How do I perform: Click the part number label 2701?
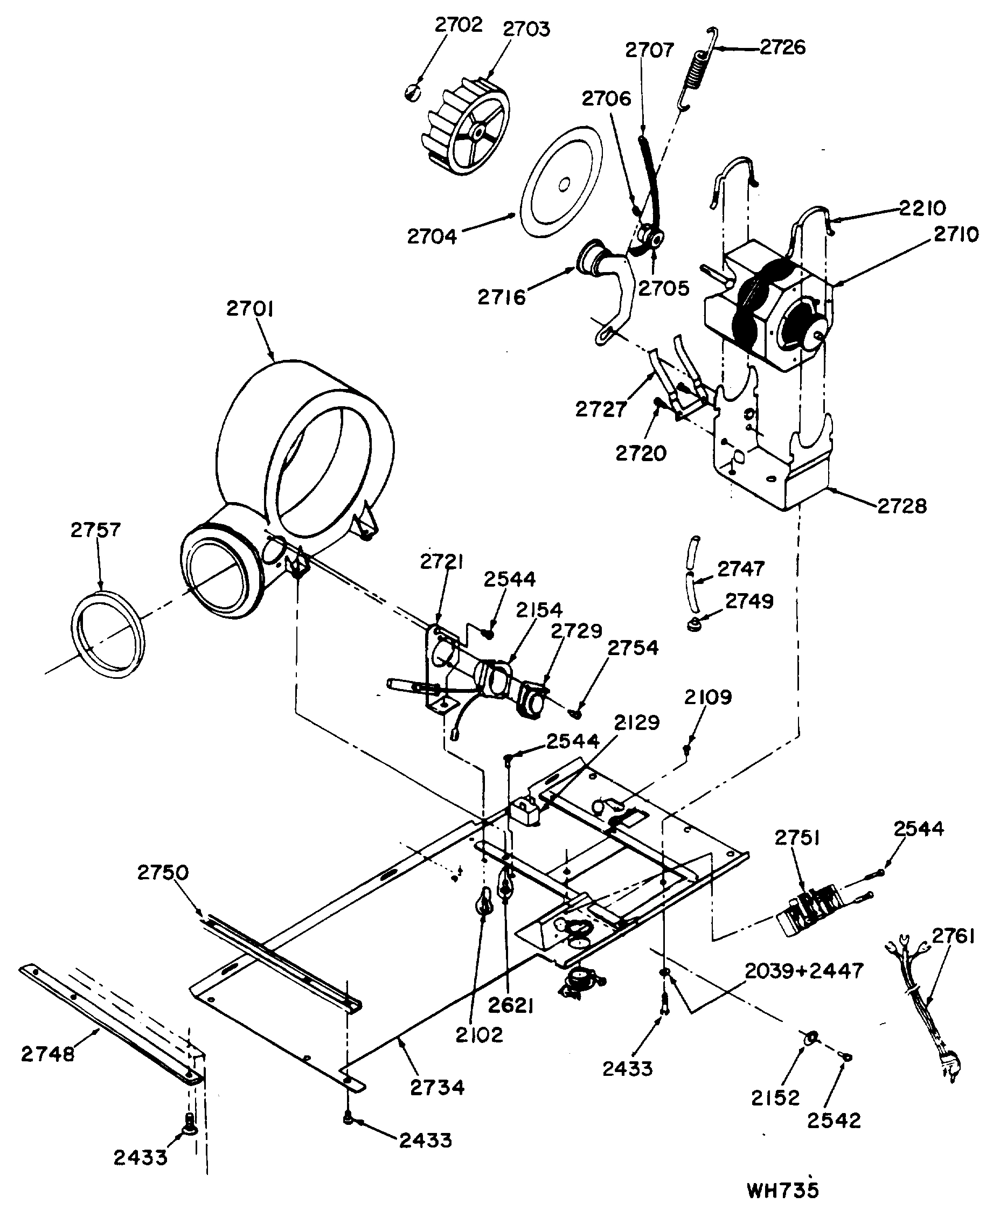click(x=249, y=309)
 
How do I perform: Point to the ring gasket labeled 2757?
click(x=108, y=634)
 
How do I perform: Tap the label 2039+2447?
click(x=803, y=971)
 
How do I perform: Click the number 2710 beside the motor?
click(x=956, y=234)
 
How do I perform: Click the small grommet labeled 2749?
click(x=695, y=624)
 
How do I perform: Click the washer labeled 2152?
click(x=810, y=1038)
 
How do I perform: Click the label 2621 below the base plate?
click(x=510, y=1005)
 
